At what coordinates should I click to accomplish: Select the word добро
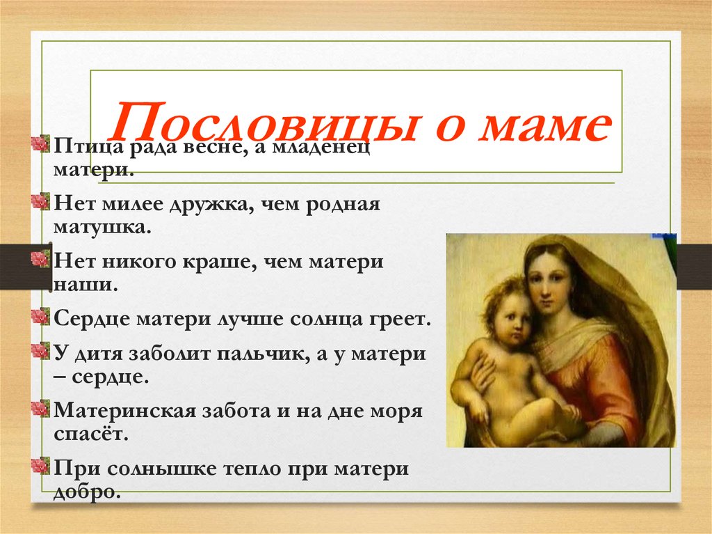tap(86, 492)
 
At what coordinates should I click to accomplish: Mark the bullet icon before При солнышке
tap(41, 464)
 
